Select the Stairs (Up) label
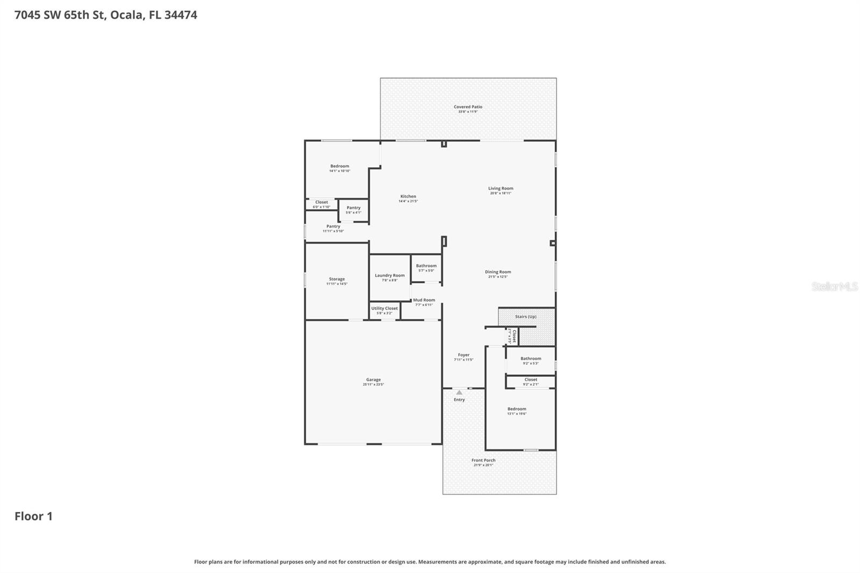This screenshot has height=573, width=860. [525, 317]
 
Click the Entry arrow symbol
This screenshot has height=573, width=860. [459, 392]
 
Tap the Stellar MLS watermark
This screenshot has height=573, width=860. [834, 286]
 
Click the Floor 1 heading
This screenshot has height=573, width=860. [33, 516]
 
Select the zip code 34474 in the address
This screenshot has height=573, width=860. [181, 15]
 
